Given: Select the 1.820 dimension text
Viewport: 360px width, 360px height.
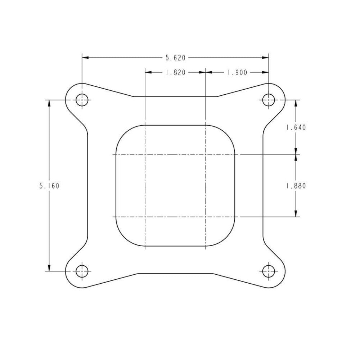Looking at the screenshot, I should tap(175, 72).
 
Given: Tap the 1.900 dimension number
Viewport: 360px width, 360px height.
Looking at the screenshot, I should tap(237, 72).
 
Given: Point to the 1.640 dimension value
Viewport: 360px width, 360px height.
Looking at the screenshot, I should tap(296, 127).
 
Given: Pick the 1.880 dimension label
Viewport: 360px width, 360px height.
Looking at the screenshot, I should tap(296, 186).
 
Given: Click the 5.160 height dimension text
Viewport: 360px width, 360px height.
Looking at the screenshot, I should tap(49, 186).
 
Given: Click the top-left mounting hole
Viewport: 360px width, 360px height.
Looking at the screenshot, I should tap(82, 100).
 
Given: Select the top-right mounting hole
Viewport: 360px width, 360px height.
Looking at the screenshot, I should tap(269, 100).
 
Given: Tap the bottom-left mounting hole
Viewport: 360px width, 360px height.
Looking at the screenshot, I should tap(82, 271).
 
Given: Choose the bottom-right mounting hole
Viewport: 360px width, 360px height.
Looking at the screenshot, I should tap(269, 271).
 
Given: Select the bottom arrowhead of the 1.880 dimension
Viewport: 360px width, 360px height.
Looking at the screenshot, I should tap(296, 214).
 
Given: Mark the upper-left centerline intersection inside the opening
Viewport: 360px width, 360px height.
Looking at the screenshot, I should tap(145, 154).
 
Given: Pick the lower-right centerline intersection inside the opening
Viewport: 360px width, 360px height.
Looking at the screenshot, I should tap(205, 217).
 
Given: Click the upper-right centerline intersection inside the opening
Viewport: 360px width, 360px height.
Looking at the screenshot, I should tap(205, 154).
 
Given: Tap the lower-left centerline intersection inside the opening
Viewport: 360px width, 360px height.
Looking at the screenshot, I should tap(145, 217).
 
